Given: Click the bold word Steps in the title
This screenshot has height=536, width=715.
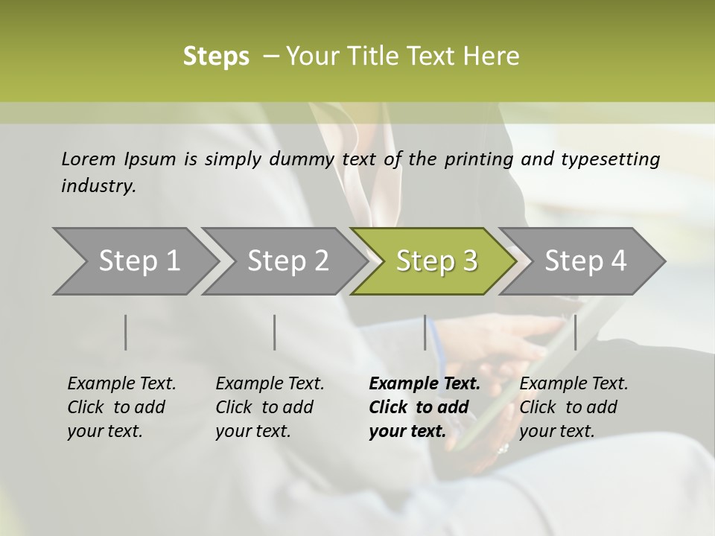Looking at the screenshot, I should pyautogui.click(x=216, y=57).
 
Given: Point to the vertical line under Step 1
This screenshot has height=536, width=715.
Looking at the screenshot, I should pyautogui.click(x=126, y=332).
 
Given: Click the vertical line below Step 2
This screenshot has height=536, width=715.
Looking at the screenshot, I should pyautogui.click(x=275, y=332).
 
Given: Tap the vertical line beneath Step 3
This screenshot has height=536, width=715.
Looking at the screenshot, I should pyautogui.click(x=425, y=332).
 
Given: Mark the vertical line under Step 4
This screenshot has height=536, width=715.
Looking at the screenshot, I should pyautogui.click(x=575, y=332).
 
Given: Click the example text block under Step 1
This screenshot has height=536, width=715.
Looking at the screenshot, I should pyautogui.click(x=121, y=407).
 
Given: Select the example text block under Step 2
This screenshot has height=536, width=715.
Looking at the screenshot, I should pyautogui.click(x=270, y=407).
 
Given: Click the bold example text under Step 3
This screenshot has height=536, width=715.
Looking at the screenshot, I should pyautogui.click(x=425, y=407).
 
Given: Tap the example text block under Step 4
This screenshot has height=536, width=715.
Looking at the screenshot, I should pyautogui.click(x=573, y=407).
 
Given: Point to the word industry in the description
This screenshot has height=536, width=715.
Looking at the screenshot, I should pyautogui.click(x=98, y=186).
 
